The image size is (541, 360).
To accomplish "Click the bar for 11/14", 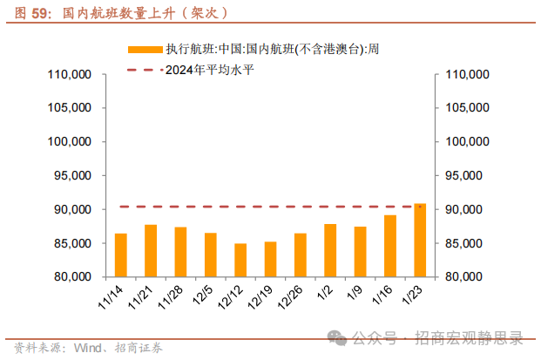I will [121, 255].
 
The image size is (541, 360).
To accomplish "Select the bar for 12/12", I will [240, 260].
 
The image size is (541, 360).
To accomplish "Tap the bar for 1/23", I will [420, 240].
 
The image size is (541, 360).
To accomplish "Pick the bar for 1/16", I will [390, 246].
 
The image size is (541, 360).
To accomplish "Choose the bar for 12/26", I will [301, 255].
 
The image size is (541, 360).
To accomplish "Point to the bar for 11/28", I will [180, 252].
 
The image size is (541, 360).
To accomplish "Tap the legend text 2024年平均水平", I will [206, 69].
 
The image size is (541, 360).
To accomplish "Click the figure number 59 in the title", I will [38, 13].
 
